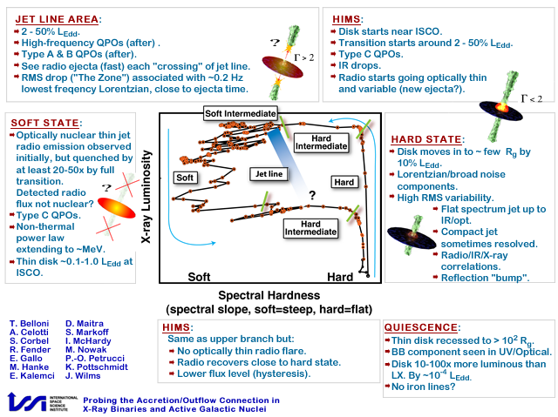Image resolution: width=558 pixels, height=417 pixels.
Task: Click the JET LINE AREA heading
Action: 57,19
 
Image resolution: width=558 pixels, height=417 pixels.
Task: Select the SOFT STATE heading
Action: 45,123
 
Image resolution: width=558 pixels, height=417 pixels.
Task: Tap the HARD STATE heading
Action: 426,139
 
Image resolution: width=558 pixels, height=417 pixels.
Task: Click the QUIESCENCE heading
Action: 421,327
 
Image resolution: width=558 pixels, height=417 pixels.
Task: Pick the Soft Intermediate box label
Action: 241,113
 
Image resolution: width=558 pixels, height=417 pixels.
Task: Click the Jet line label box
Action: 269,174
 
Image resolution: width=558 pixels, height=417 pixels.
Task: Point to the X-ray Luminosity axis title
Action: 146,197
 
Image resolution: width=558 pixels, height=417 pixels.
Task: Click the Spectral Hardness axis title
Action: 269,295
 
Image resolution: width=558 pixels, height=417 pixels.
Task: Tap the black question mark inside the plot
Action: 312,195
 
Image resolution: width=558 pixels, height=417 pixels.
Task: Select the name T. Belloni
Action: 29,324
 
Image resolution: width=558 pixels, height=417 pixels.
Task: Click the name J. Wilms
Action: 83,376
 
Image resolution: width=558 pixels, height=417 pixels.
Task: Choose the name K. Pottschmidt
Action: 97,367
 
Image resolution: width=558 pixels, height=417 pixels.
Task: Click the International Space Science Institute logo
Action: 43,403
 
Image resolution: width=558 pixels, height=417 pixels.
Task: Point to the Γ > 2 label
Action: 304,57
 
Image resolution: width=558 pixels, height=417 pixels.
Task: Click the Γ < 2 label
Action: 532,98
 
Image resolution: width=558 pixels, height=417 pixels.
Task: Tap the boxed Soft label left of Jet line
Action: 185,178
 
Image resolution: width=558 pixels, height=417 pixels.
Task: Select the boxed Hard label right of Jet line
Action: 344,182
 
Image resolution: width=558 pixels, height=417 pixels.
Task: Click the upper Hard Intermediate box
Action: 322,143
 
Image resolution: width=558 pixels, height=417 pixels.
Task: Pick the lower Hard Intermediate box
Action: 310,228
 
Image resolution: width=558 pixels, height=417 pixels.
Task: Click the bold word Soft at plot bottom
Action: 199,277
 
